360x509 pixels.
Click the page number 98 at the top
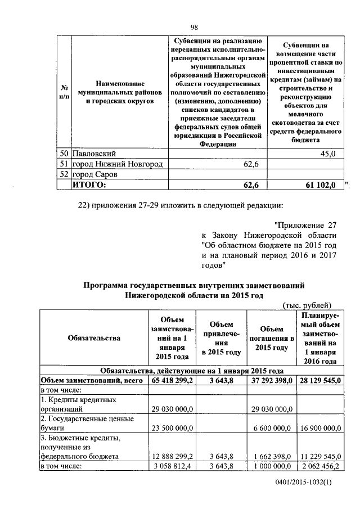[195, 27]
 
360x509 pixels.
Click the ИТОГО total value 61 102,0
[319, 184]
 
